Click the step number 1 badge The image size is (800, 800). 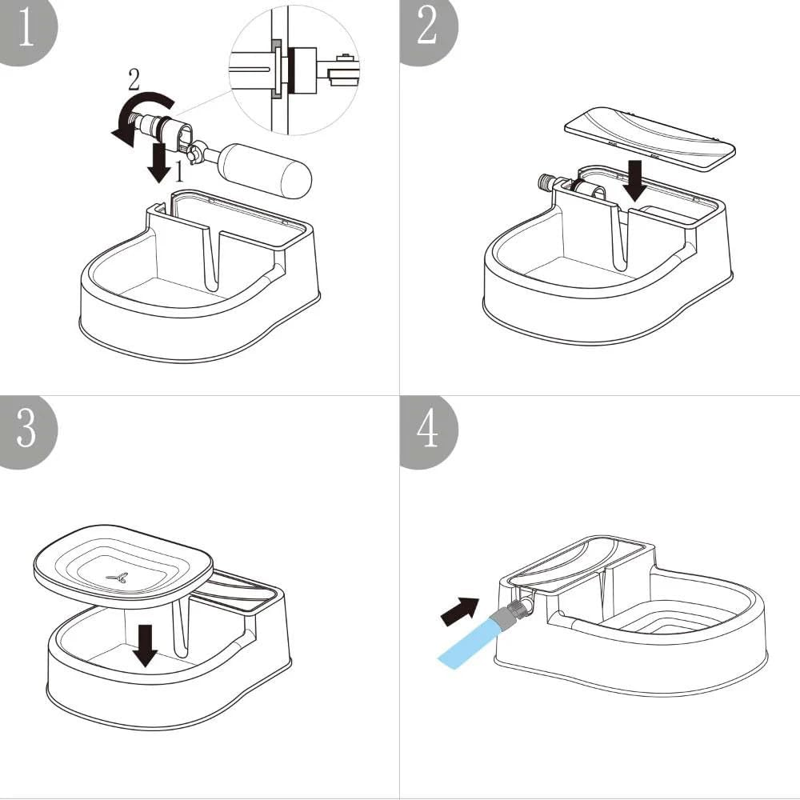[x=24, y=28]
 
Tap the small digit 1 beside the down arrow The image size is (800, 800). [x=180, y=171]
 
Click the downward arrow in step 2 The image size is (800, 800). [x=637, y=181]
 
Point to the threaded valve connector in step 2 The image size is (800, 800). [x=550, y=183]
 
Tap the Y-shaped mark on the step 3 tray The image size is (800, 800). [x=118, y=577]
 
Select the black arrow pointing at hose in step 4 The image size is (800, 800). [x=459, y=610]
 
